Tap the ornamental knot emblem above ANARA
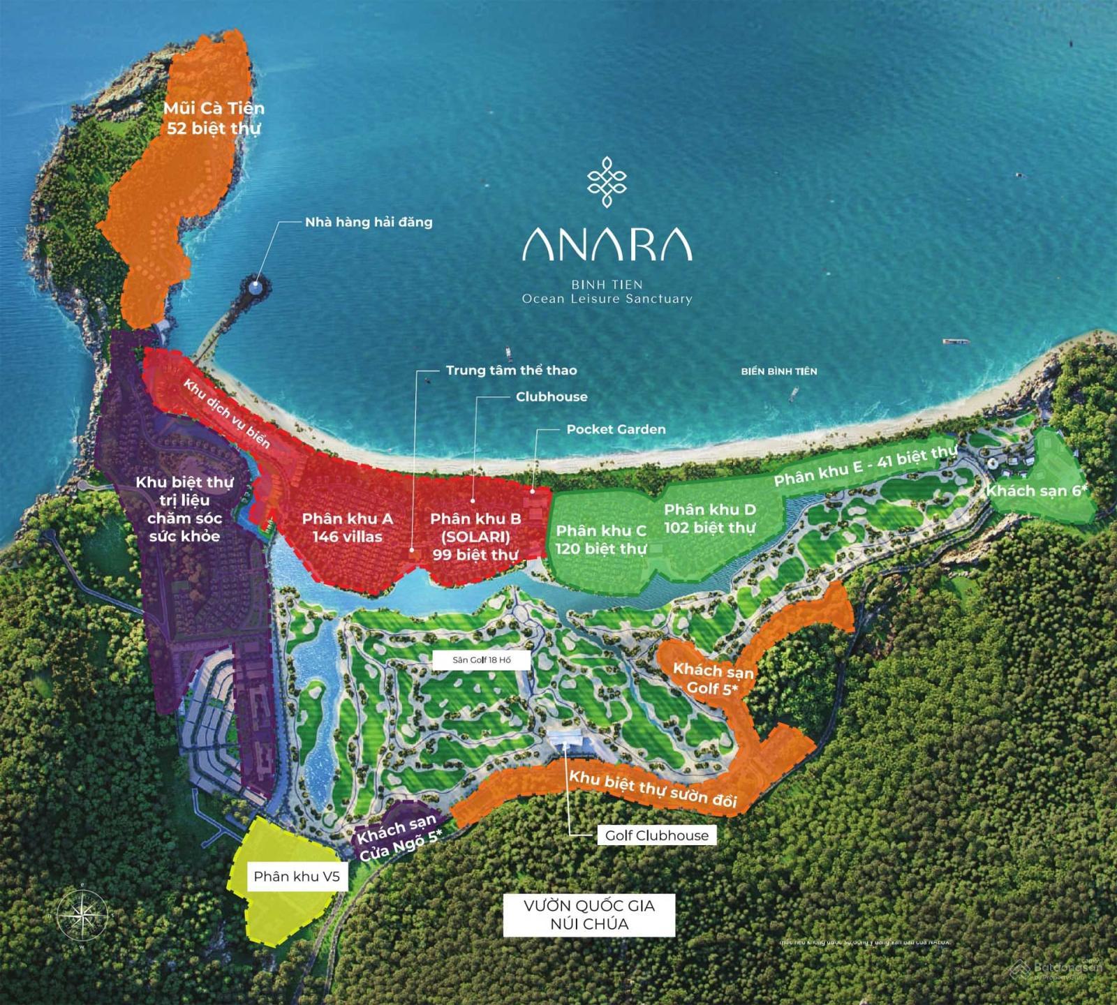pos(607,181)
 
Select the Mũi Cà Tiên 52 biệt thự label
pos(214,118)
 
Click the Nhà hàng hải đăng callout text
pos(369,223)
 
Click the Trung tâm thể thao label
pos(511,370)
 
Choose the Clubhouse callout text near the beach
pos(552,396)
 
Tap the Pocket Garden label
pos(616,429)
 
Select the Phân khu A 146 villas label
pos(347,527)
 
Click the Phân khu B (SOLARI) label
pos(475,536)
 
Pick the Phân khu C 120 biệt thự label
pos(600,539)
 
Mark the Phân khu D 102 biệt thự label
pos(709,519)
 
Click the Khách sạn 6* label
pos(1037,491)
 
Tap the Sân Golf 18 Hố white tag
pos(482,660)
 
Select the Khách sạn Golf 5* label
pos(713,679)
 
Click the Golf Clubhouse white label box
pos(656,835)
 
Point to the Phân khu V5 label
pos(297,876)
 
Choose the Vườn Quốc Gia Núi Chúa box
pos(589,914)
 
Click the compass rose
pos(82,914)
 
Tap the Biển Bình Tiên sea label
pos(778,371)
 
